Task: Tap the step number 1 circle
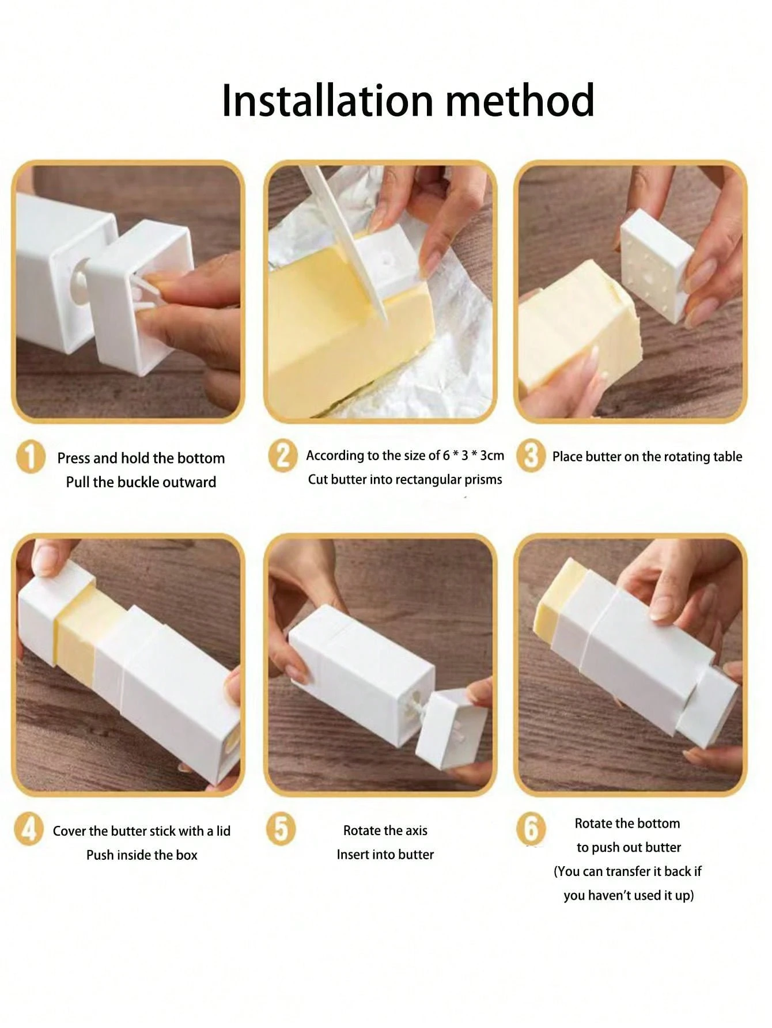[30, 458]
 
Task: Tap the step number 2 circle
[283, 456]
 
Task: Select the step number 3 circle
[531, 456]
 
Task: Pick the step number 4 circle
[28, 830]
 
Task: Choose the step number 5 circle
[281, 829]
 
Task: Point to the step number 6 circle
[531, 829]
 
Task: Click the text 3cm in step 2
[492, 456]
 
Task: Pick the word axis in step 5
[415, 830]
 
